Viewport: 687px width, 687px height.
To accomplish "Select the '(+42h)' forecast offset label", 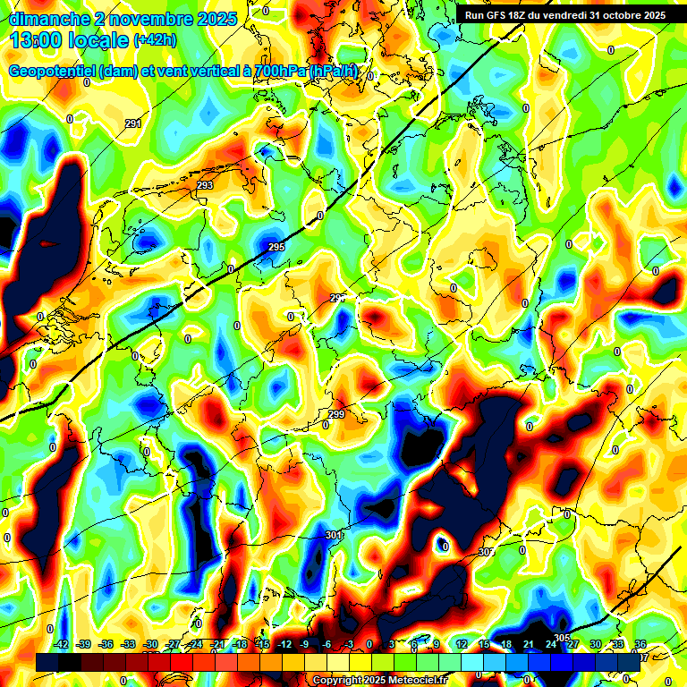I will tap(155, 40).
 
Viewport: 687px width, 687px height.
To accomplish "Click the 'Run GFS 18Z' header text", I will tap(496, 15).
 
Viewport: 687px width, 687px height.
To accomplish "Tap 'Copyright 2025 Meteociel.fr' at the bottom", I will tap(379, 681).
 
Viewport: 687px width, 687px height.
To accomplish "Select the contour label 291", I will tap(133, 124).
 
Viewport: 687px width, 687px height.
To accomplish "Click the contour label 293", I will tap(205, 185).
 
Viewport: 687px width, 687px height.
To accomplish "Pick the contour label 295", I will tap(276, 247).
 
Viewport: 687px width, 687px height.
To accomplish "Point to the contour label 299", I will tap(336, 414).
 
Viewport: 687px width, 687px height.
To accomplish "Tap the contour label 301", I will tap(334, 535).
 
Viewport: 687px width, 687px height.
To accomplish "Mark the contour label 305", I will tap(561, 638).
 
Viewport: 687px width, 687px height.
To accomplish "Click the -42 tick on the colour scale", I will tap(62, 644).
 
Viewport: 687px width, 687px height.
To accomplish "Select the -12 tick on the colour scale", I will tap(284, 644).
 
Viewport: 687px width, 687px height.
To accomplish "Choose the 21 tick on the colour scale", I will tap(530, 644).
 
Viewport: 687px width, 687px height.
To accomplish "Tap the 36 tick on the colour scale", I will tap(640, 644).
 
